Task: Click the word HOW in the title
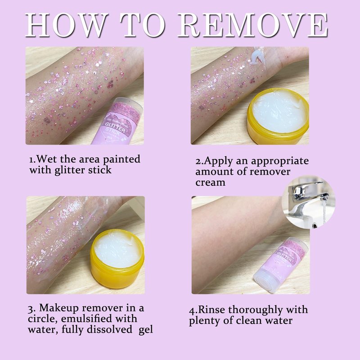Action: pos(67,25)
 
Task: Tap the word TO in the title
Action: pos(143,25)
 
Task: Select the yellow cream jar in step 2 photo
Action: pos(278,116)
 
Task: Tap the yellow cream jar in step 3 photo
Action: pos(117,258)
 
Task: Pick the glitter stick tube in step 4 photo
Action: pos(282,265)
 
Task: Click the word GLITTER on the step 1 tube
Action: pos(115,127)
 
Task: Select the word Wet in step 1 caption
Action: pos(46,159)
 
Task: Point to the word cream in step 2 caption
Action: pos(210,183)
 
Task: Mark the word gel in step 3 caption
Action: pos(145,330)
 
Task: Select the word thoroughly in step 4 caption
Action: pos(255,310)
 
